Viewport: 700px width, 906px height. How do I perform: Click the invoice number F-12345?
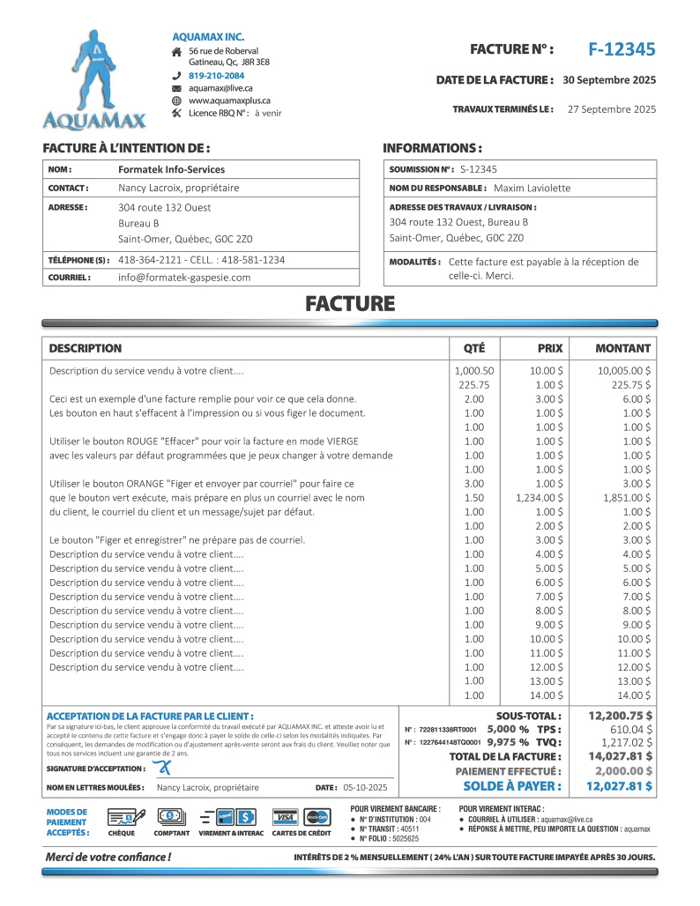(622, 49)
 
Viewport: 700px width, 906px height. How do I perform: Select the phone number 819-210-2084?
(216, 76)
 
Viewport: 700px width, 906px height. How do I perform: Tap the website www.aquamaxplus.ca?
(229, 100)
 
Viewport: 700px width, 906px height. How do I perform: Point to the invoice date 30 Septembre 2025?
(609, 80)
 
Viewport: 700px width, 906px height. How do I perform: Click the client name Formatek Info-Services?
(171, 169)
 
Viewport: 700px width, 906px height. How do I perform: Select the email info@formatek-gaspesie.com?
(184, 277)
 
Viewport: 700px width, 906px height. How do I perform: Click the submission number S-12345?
(479, 169)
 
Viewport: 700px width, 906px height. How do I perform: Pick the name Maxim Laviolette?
(532, 188)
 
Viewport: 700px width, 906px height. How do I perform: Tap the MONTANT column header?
(622, 348)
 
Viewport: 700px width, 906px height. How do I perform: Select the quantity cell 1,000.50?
(473, 371)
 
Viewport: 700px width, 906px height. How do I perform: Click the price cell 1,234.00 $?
(540, 498)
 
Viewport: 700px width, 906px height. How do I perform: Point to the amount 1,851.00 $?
(624, 498)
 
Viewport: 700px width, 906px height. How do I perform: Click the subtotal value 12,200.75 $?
(621, 716)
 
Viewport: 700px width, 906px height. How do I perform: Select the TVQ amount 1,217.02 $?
(625, 743)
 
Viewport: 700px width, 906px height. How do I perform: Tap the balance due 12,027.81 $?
(619, 785)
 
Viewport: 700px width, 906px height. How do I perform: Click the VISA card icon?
(284, 816)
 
